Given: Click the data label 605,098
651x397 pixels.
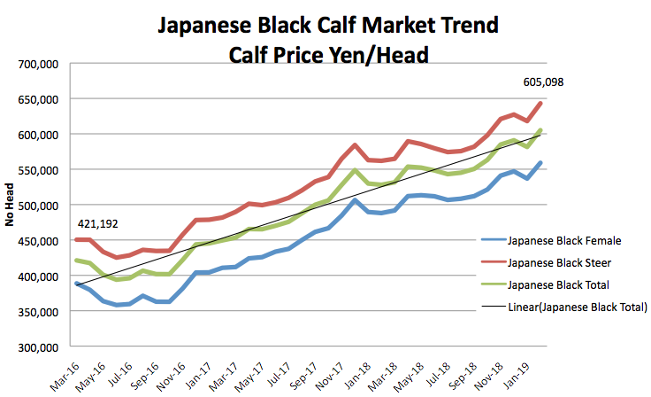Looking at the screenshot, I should click(543, 82).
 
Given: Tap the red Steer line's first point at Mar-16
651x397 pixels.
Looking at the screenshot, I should click(76, 239).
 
